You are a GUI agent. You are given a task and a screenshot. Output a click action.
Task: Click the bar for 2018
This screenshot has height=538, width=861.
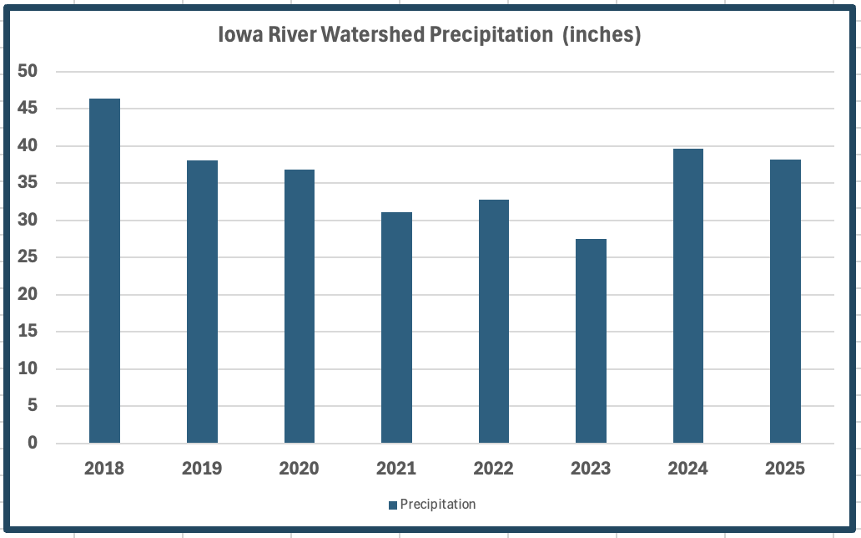coord(104,271)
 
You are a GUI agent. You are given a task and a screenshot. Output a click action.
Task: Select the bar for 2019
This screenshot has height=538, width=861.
coord(202,302)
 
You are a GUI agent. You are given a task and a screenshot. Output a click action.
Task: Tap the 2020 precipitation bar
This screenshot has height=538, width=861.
coord(299,306)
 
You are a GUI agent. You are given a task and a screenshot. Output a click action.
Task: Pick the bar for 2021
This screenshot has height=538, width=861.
coord(396,327)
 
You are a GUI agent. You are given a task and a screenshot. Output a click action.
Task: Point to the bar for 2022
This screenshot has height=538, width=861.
coord(494,321)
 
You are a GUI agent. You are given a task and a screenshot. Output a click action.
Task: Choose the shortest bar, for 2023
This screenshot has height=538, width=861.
coord(591,341)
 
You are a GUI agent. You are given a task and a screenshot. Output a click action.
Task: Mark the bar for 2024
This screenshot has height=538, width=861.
coord(688,296)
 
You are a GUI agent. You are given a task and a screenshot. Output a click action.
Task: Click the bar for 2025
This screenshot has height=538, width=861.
coord(785,301)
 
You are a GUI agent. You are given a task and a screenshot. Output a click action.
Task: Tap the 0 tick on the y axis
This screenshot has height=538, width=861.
coord(33,443)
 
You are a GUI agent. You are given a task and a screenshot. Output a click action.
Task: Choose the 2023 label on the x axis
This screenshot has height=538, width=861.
coord(591,469)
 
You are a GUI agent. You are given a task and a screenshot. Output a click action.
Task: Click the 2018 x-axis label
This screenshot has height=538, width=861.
coord(104,469)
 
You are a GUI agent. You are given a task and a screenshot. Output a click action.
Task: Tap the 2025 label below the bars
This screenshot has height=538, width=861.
coord(785,469)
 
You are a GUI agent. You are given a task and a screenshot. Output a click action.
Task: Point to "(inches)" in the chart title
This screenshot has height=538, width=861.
coord(602,37)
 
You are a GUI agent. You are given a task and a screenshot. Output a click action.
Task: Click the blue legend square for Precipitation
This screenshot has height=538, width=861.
coord(392,505)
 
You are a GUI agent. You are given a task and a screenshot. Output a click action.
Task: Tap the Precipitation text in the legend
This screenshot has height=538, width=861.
coord(438,505)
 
